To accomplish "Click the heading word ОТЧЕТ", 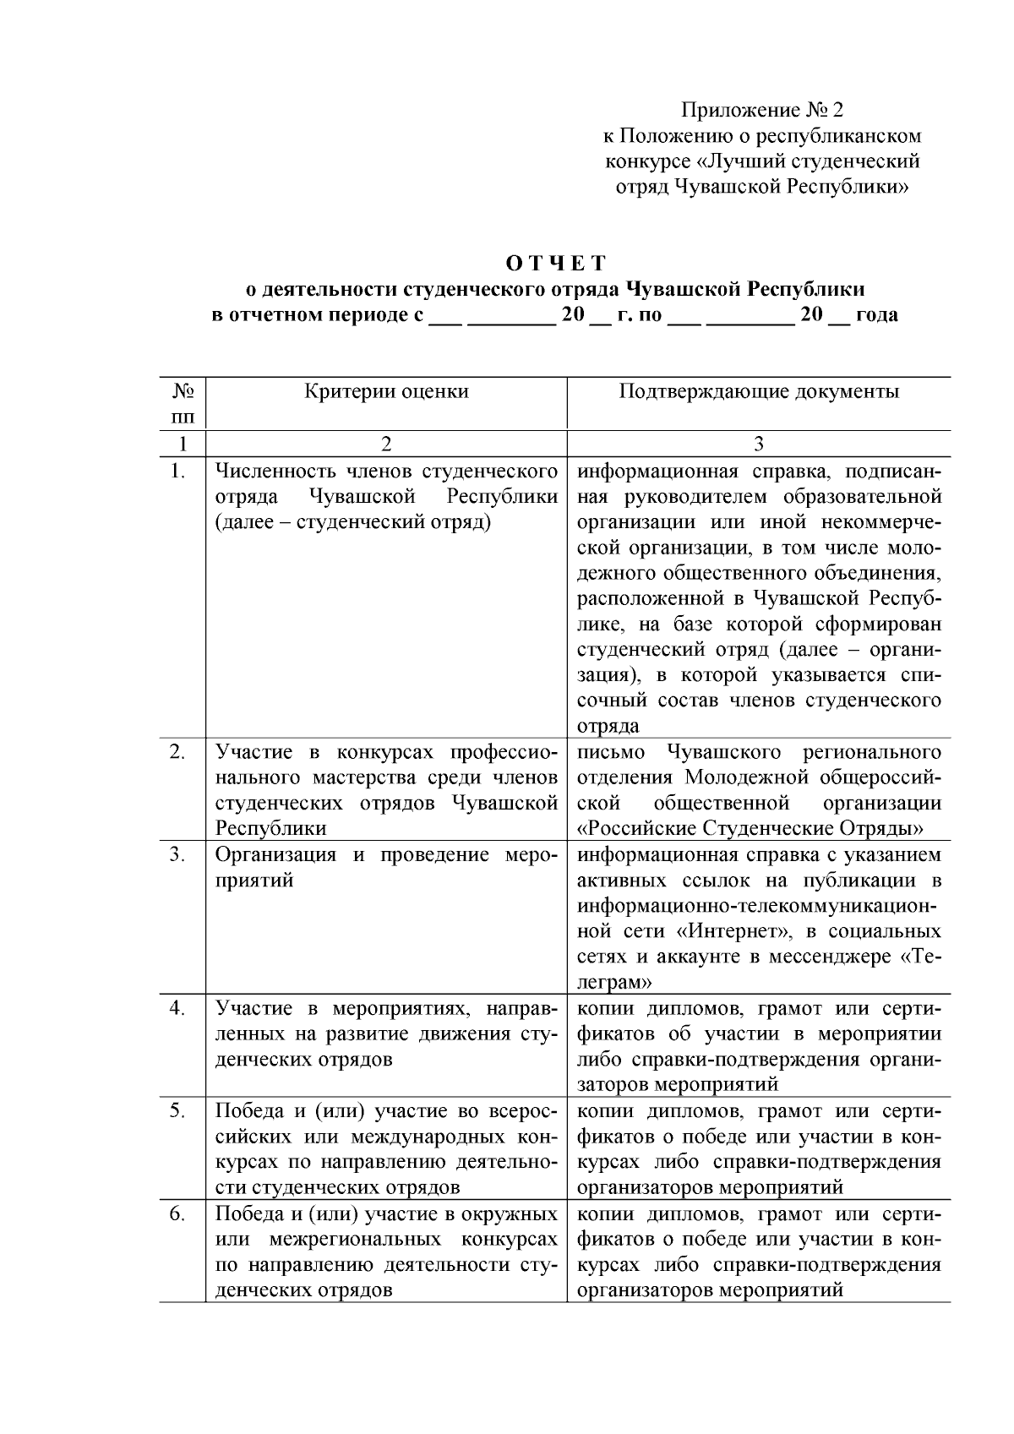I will tap(555, 262).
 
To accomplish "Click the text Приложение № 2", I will tap(762, 111).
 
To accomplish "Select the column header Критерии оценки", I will tap(386, 391).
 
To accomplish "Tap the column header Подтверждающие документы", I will tap(758, 391).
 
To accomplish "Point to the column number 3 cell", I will tap(758, 444).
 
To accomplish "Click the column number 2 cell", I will tap(386, 444).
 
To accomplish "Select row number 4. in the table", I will tap(177, 1008).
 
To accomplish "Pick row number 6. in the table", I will tap(177, 1213).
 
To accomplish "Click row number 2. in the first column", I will tap(177, 751).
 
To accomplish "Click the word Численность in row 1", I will tap(270, 471).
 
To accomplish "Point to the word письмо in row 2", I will tap(611, 751).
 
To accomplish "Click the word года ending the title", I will tap(876, 315).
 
